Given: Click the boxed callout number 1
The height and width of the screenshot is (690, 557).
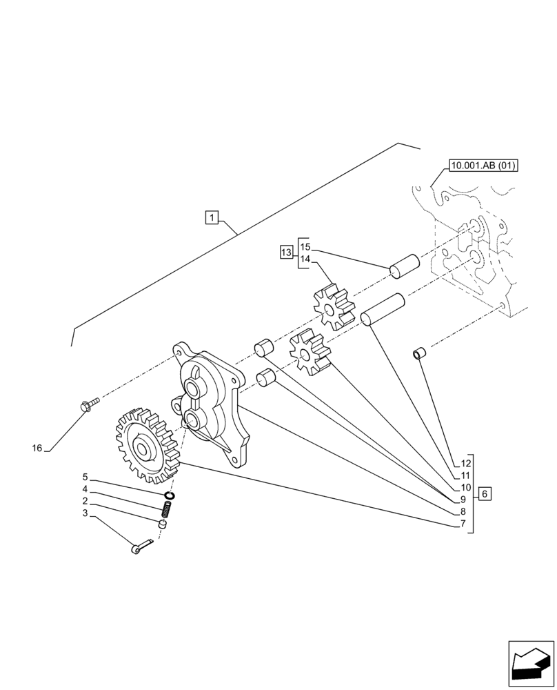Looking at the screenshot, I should [212, 219].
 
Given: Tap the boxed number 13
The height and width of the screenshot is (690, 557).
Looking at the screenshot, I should [286, 253].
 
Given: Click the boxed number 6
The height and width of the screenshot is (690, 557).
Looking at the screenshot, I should [485, 494].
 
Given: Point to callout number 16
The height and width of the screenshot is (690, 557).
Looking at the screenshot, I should [37, 448].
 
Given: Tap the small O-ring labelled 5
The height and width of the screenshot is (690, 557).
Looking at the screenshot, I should [169, 495].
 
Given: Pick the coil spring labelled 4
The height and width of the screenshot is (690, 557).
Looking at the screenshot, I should [165, 511].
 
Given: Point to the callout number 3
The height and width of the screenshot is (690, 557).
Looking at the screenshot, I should [85, 513].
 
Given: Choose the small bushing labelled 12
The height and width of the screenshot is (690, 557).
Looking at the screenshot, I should [418, 355].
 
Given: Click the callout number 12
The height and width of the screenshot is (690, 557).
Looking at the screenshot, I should [465, 463].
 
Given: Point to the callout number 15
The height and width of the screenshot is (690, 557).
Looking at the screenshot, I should [305, 246].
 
